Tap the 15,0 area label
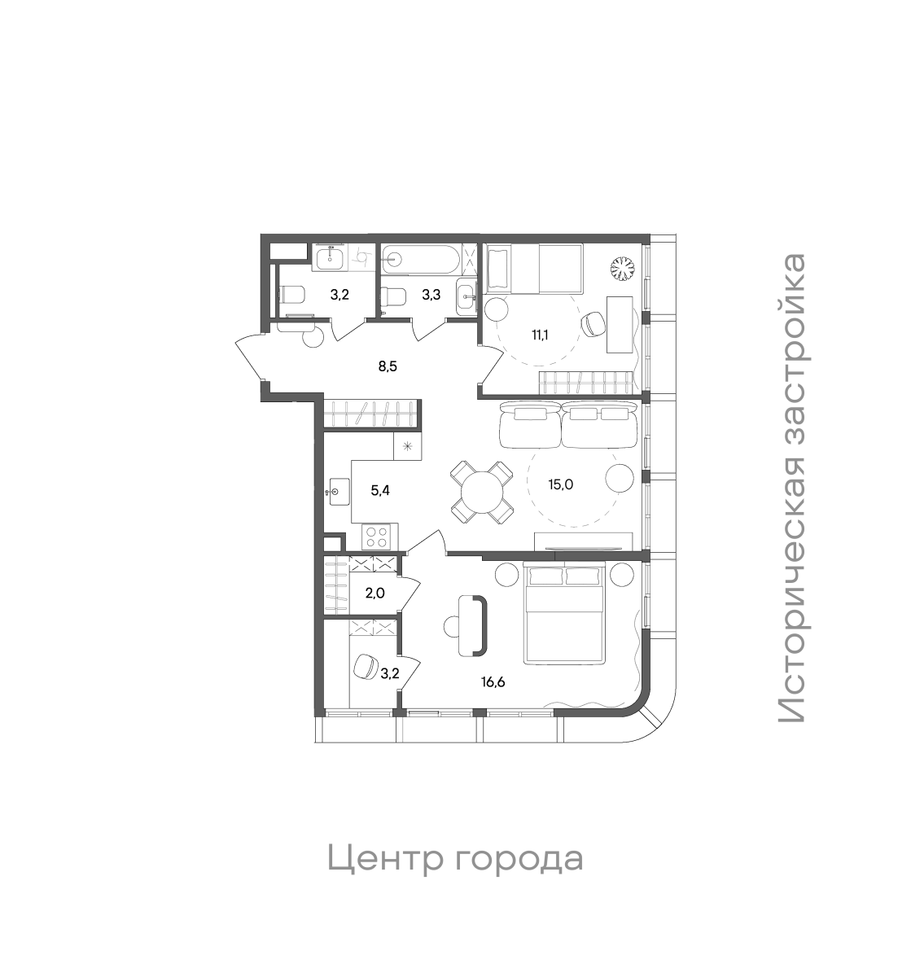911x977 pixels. coord(562,484)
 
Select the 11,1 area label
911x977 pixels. coord(539,334)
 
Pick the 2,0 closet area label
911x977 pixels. coord(374,593)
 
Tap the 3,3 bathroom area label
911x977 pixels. coord(431,295)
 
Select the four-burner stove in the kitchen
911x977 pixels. coord(377,537)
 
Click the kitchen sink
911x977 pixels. coord(337,492)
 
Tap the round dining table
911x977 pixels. coord(482,493)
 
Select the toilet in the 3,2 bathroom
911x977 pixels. coord(291,295)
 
